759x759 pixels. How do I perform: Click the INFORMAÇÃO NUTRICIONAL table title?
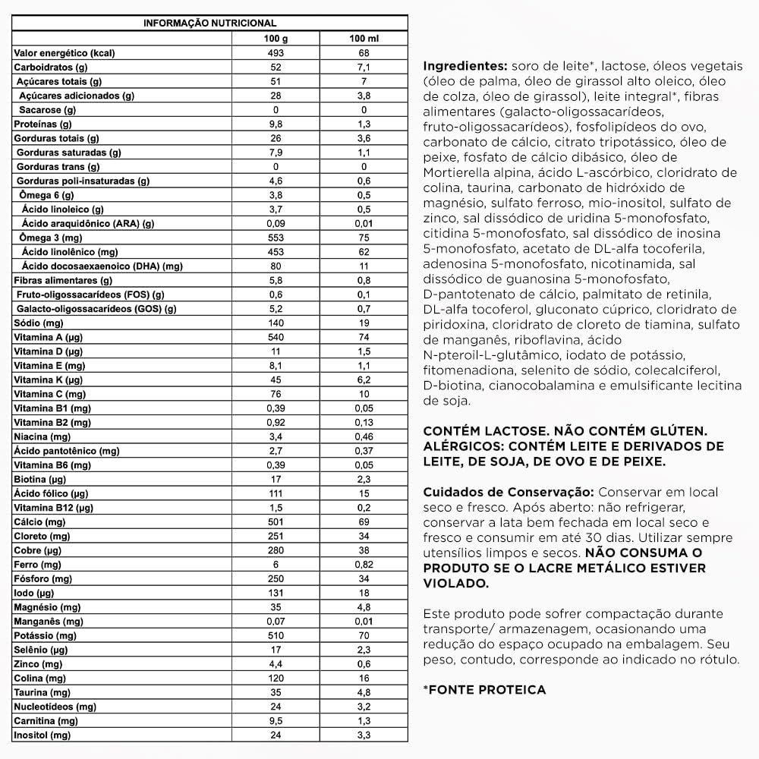[210, 24]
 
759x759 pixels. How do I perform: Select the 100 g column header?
[276, 39]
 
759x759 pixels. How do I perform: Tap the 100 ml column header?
[364, 39]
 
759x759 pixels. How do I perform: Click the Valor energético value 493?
[276, 54]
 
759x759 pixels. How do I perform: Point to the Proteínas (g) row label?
[43, 124]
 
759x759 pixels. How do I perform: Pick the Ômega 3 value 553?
[276, 238]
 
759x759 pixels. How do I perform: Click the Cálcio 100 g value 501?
[276, 521]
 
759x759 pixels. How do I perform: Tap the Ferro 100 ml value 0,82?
[364, 565]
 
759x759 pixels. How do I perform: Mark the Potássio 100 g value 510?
[276, 635]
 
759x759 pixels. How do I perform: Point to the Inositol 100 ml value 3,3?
[364, 735]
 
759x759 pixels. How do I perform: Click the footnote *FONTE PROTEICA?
[485, 690]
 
